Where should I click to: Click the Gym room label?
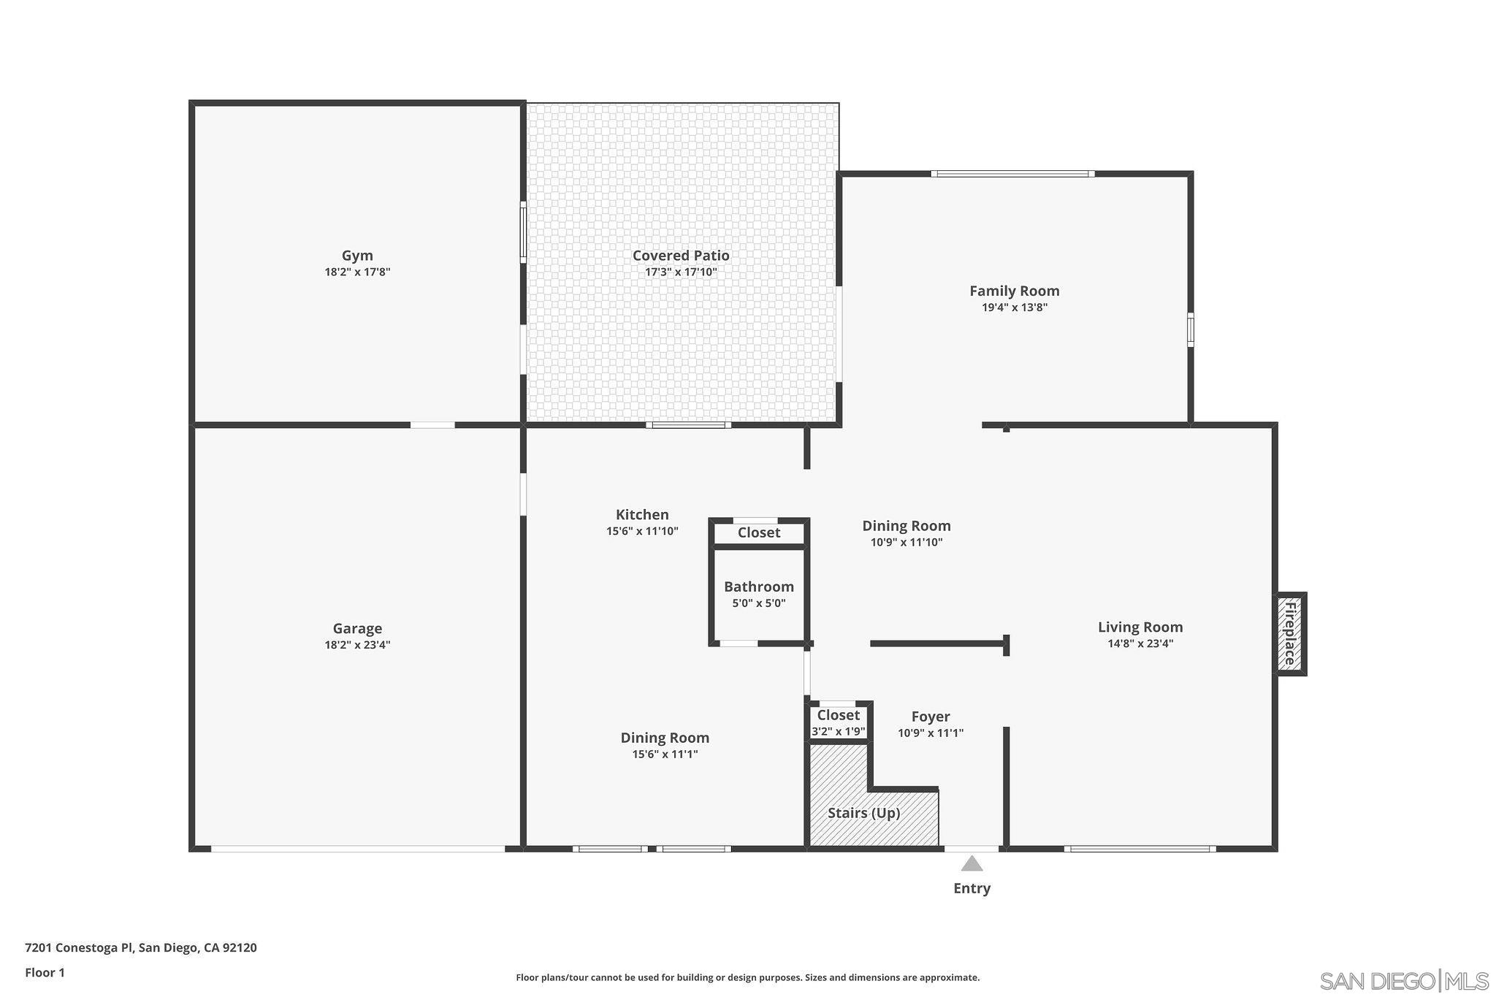(357, 256)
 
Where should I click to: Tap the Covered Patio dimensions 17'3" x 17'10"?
(680, 272)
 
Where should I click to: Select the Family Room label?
(1014, 291)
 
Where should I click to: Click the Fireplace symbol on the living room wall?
(1290, 633)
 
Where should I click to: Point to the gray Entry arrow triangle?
(972, 865)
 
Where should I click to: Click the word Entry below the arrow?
(972, 888)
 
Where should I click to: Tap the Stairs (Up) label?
(863, 813)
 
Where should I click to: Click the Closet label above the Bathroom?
(758, 532)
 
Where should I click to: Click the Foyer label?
(930, 717)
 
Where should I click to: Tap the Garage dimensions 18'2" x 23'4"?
(357, 645)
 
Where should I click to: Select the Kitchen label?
(641, 515)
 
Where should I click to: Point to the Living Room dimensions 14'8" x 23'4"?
(1140, 643)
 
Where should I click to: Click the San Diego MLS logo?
(1403, 980)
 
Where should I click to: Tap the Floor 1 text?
(45, 972)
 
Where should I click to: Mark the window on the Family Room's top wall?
(1012, 174)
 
